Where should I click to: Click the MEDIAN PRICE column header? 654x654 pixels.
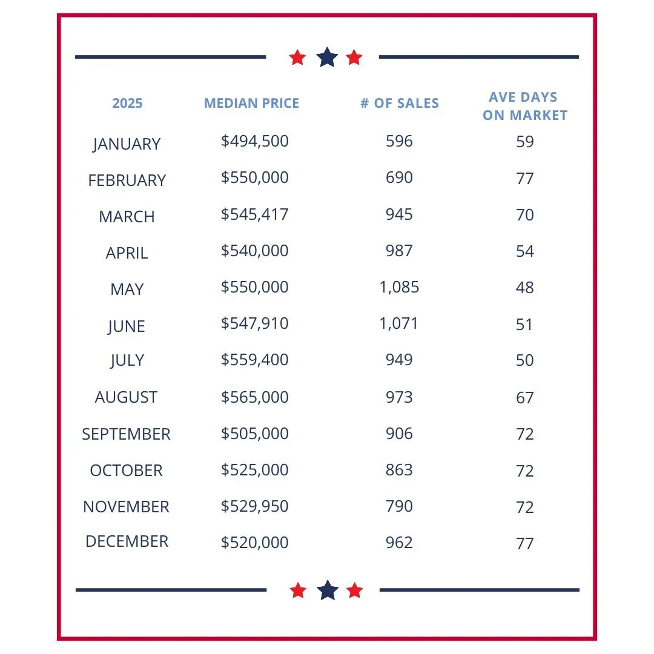point(251,103)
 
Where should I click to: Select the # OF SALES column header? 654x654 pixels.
point(400,103)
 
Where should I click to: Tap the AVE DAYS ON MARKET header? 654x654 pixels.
point(525,106)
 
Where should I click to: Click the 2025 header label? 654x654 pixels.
point(127,103)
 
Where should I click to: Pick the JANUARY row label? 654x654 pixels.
point(127,144)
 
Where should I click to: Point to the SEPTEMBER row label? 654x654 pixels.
point(126,434)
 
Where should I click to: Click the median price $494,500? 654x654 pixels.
point(254,141)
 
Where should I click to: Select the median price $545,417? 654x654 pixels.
point(254,214)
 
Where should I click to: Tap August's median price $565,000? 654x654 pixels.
point(254,397)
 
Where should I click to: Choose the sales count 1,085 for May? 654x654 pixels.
point(399,287)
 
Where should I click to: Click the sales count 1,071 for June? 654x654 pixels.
point(399,323)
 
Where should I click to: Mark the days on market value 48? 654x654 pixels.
point(525,287)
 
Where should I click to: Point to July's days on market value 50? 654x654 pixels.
point(525,360)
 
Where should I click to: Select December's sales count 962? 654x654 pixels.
point(399,543)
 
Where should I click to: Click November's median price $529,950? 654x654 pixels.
point(254,506)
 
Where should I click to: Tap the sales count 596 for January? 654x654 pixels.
point(399,141)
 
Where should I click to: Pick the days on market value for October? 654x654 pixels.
point(525,471)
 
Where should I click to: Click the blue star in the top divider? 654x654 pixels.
point(327,58)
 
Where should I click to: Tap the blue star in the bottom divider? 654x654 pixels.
point(327,590)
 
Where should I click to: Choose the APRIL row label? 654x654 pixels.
point(127,253)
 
